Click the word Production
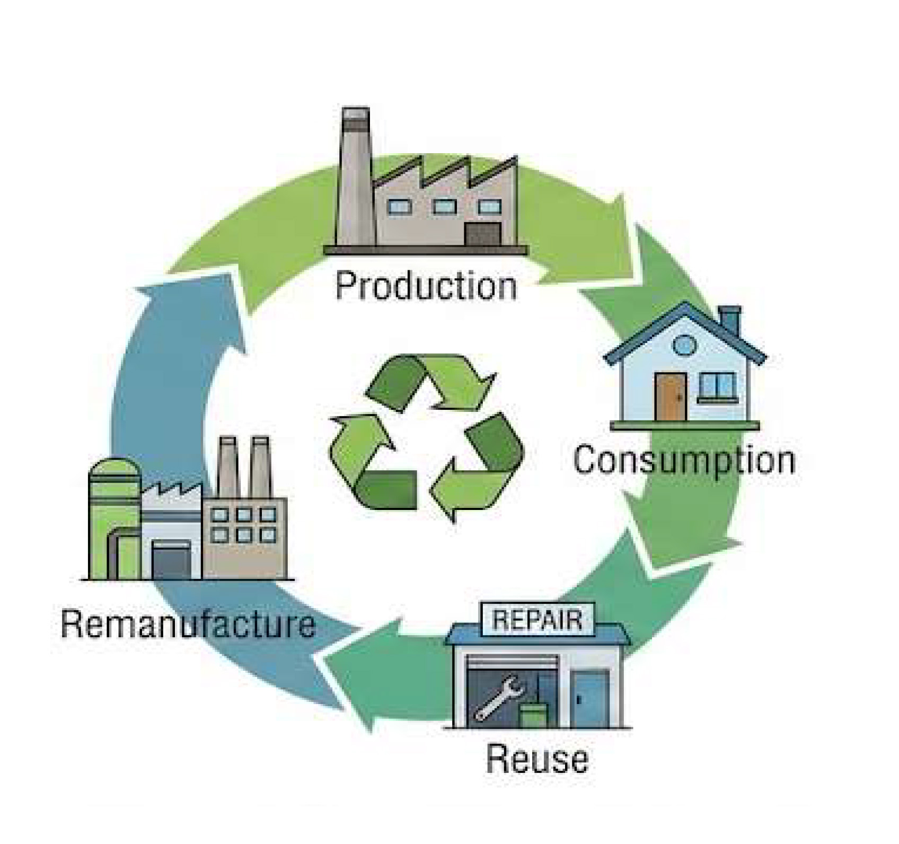426,286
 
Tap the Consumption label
684,460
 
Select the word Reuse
536,759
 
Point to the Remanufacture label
188,623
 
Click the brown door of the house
670,396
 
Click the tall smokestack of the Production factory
355,175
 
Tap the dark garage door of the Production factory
482,234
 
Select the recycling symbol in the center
426,438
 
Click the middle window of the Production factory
444,206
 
